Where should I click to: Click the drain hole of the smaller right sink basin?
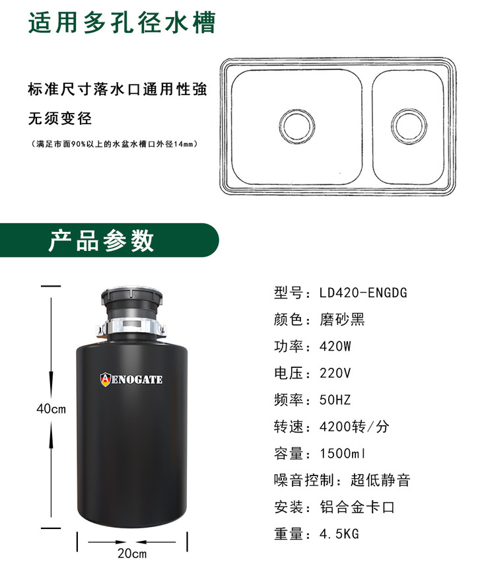(409, 126)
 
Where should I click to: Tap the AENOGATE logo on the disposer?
(131, 379)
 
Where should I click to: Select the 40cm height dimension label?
(51, 409)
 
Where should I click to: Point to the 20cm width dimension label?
(132, 553)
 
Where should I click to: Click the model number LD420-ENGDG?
(363, 293)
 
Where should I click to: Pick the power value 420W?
(335, 346)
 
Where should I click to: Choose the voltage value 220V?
(335, 373)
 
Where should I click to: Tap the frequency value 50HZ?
(335, 400)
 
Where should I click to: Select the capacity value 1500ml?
(343, 453)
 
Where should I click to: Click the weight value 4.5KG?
(339, 534)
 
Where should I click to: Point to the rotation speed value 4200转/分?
(355, 427)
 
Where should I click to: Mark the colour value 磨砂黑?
(342, 320)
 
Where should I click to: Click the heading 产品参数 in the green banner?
(102, 240)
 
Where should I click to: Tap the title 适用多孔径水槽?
(122, 22)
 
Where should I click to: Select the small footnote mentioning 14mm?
(114, 144)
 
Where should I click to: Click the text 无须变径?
(60, 118)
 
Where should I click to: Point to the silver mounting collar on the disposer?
(131, 326)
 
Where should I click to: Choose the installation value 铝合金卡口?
(357, 507)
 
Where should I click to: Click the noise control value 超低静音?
(380, 480)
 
